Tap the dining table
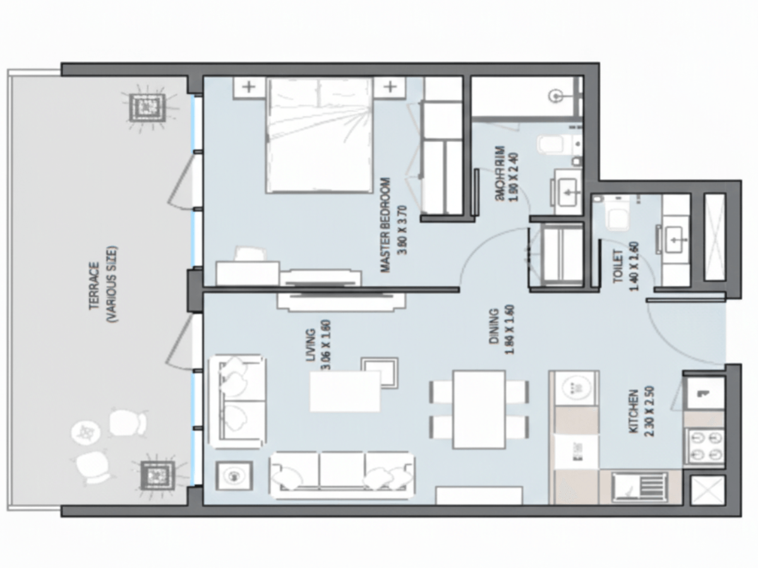coord(479,409)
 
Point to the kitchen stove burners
coord(705,446)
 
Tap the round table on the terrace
coord(85,432)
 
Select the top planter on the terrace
coord(147,107)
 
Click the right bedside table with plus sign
coord(390,87)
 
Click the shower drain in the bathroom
coord(556,96)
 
